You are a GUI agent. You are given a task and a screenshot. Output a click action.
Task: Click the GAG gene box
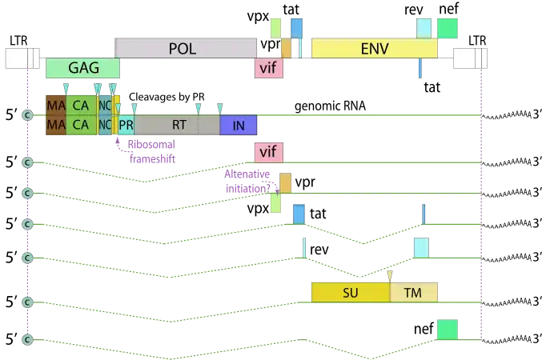(83, 68)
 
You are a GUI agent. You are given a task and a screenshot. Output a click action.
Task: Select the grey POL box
(183, 48)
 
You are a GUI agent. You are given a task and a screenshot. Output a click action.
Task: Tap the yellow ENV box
(374, 48)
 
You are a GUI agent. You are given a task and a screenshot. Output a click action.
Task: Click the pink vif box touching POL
(268, 68)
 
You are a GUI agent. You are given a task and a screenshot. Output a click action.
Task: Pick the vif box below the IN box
(268, 152)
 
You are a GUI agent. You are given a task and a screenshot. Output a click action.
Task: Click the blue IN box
(238, 125)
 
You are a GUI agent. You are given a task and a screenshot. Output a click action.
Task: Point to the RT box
(178, 125)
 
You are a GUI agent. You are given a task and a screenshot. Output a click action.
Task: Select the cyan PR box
(126, 125)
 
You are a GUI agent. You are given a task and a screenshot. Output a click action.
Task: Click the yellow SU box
(350, 293)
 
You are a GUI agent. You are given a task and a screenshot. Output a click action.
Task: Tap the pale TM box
(413, 293)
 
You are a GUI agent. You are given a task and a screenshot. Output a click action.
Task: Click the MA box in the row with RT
(55, 125)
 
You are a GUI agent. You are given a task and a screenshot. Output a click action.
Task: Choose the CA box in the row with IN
(80, 125)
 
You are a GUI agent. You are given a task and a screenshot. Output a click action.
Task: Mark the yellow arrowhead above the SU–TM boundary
(389, 275)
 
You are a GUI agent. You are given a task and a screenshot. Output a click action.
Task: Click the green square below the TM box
(447, 330)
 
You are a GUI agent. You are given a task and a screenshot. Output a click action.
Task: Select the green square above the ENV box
(448, 28)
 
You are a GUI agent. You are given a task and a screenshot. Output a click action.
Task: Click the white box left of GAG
(22, 58)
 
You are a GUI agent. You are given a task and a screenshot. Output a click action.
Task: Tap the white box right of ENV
(468, 58)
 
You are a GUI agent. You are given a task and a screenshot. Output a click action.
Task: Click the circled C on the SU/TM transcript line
(26, 302)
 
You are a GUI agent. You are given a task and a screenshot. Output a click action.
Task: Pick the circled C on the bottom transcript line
(26, 340)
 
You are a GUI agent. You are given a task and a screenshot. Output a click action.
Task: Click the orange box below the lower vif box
(286, 183)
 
